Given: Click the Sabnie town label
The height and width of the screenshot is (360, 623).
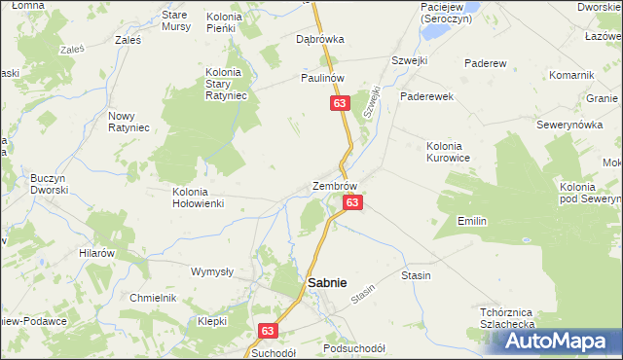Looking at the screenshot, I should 327,282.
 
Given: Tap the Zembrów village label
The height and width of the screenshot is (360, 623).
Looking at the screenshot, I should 335,186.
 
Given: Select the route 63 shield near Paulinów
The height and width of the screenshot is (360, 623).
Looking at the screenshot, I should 339,103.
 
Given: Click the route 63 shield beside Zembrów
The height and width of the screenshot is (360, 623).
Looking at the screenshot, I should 352,202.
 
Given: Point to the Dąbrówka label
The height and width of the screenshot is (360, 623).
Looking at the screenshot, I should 320,40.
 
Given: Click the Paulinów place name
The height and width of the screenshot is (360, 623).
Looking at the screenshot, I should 324,79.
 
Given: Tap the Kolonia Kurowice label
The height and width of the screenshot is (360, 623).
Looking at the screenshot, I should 449,151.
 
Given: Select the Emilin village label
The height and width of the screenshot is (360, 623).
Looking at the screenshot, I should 472,222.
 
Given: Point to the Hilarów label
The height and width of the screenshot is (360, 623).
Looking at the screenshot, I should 97,252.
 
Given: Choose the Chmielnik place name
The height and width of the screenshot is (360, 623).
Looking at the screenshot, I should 153,298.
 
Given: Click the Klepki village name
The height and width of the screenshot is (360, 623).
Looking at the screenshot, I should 212,320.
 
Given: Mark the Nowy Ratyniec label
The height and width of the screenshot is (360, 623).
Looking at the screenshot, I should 128,123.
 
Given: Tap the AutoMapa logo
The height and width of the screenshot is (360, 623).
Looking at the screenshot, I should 556,341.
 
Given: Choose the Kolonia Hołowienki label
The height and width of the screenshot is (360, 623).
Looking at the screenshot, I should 199,198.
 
